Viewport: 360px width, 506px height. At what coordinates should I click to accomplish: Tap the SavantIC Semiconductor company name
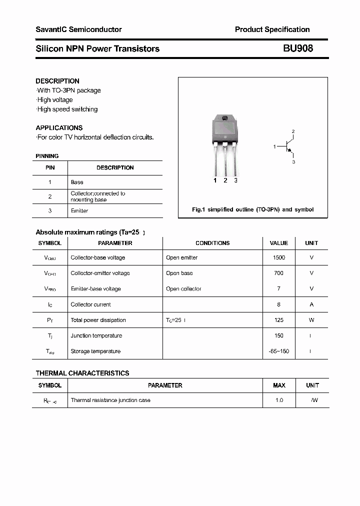coord(78,29)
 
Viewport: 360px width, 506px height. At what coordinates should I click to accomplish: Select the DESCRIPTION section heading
coord(57,81)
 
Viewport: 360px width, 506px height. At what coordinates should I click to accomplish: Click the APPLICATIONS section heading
coord(59,127)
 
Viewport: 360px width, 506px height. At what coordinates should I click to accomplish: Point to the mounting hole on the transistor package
coord(224,118)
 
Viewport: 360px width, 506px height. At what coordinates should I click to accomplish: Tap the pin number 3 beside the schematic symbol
coord(293,162)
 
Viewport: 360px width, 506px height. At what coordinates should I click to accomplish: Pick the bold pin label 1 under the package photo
coord(215,180)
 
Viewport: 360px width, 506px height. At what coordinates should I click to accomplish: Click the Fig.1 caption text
coord(252,209)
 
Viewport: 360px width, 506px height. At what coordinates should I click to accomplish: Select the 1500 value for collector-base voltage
coord(278,257)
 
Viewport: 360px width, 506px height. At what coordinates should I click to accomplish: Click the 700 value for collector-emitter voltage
coord(278,273)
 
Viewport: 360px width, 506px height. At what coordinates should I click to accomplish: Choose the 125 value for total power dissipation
coord(278,320)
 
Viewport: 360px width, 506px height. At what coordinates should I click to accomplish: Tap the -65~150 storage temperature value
coord(278,351)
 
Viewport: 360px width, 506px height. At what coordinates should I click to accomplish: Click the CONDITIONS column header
coord(212,243)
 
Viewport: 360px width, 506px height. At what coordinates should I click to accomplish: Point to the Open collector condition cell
coord(183,289)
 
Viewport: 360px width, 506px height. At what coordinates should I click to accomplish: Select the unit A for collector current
coord(311,304)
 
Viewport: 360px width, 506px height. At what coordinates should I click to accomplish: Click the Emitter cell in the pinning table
coord(79,211)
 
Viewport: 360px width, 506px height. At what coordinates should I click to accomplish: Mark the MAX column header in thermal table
coord(279,385)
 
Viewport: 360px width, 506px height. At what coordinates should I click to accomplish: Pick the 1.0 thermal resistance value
coord(279,400)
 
